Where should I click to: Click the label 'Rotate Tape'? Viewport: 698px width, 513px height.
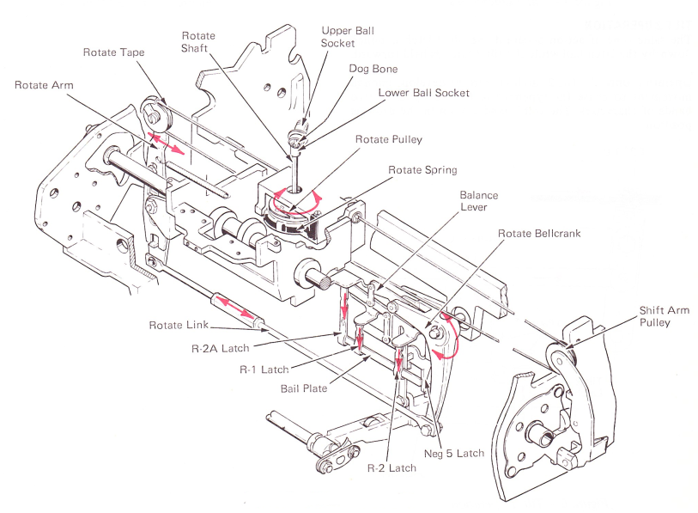[113, 52]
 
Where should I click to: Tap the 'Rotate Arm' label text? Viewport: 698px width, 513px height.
[44, 85]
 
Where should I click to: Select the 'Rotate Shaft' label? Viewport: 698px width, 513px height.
[198, 42]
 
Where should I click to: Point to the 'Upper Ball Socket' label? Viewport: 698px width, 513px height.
[348, 36]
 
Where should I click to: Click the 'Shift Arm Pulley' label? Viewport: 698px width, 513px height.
[663, 316]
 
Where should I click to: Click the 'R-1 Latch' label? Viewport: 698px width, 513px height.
[264, 369]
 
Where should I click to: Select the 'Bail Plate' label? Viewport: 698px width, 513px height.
[303, 388]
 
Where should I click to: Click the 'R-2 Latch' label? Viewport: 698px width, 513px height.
[391, 468]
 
